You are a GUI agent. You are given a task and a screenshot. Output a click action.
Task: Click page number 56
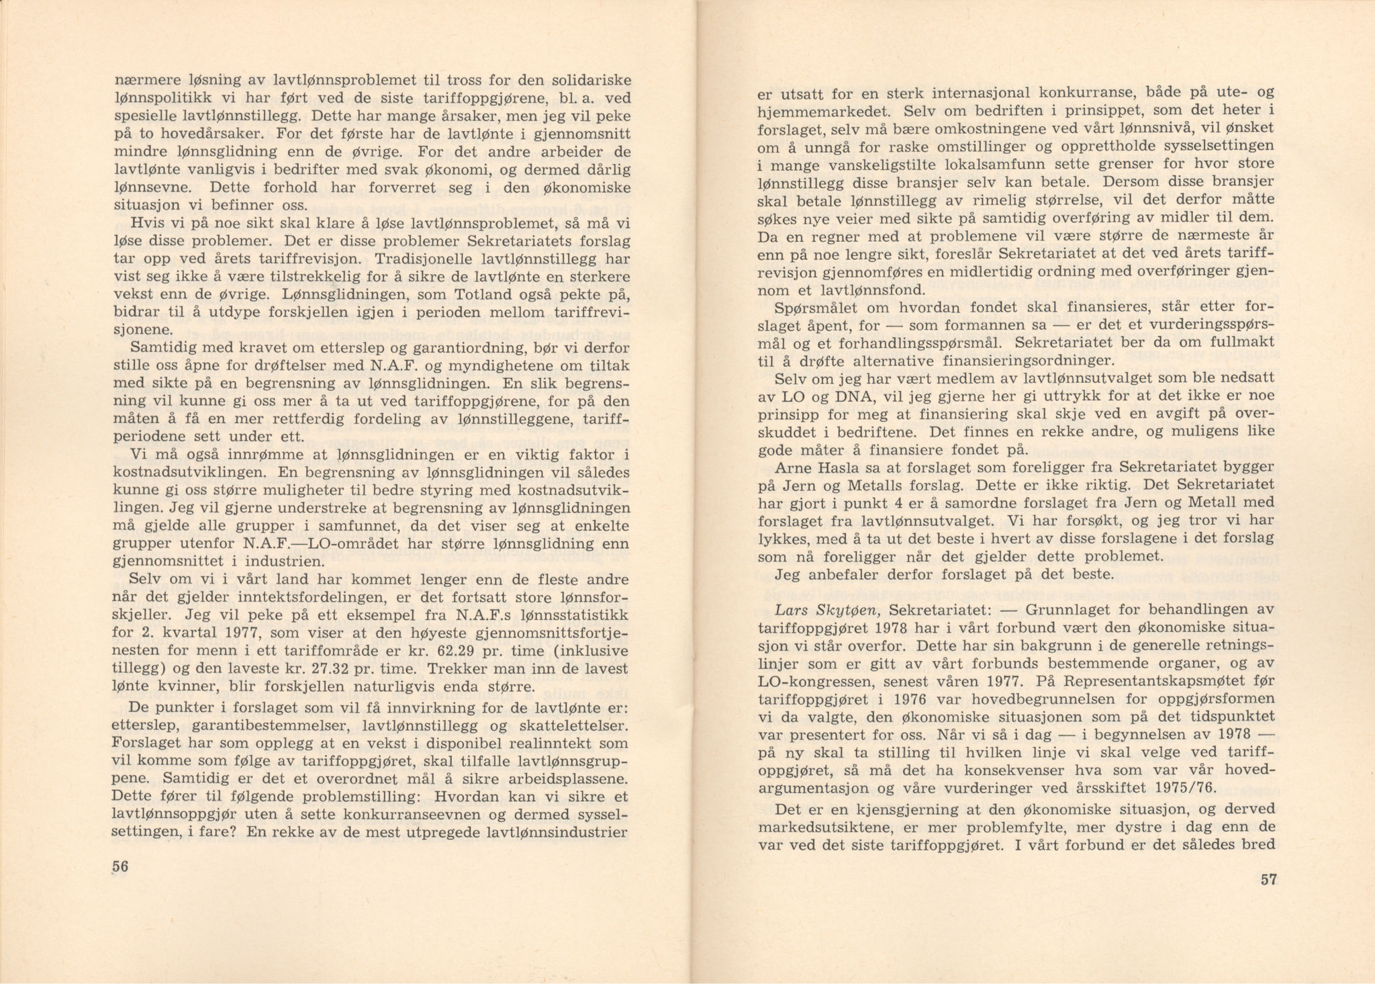(120, 866)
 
